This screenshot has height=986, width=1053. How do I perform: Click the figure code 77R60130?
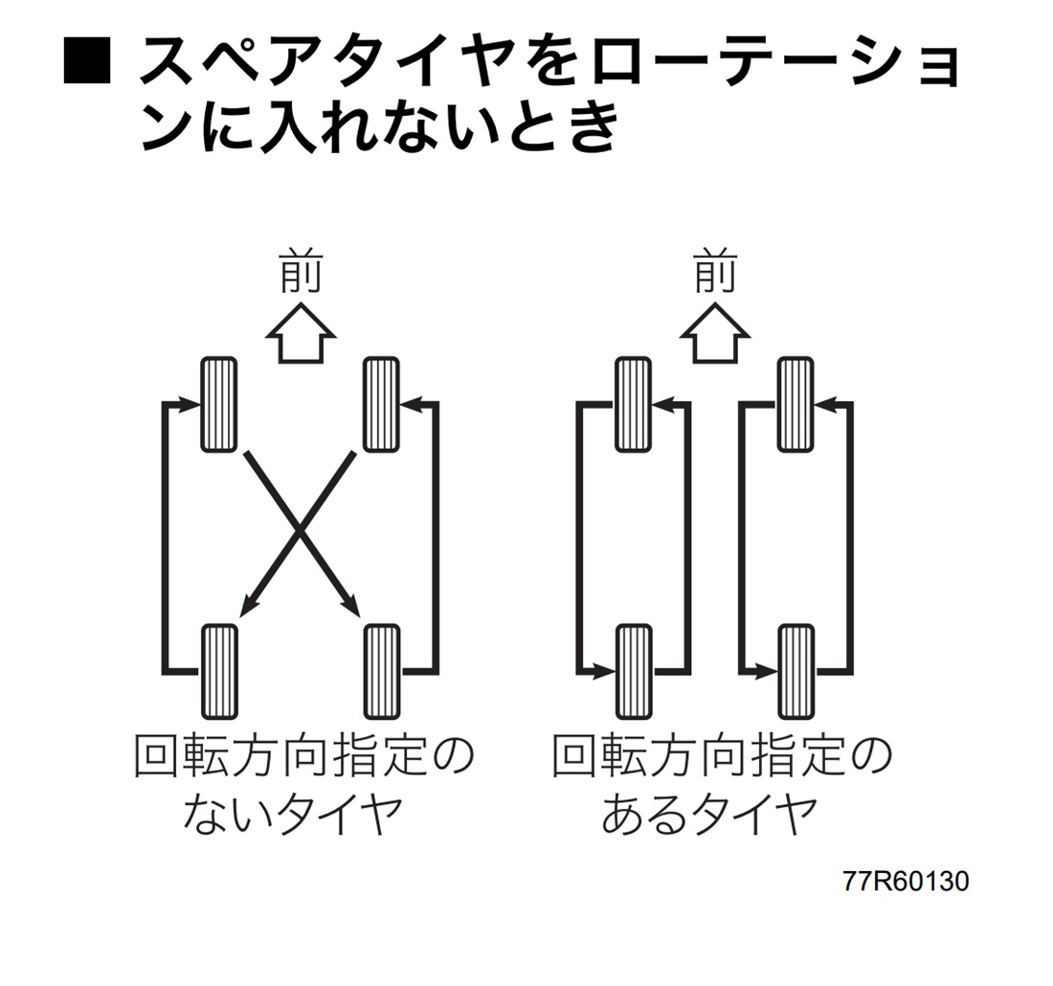905,881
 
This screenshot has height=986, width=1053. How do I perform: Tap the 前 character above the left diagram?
300,273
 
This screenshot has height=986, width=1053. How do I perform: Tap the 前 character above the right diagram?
714,273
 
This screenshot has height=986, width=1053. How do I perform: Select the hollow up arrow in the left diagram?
300,334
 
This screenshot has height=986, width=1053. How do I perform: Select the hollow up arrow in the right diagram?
714,334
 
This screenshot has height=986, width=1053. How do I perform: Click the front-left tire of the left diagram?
219,404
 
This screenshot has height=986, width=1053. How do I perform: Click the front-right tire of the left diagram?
382,404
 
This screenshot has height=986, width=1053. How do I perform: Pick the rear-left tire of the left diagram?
219,670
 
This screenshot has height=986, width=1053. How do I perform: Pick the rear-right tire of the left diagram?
382,670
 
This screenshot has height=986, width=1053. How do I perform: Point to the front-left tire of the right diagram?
634,404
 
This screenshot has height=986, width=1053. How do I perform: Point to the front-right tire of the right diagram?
795,404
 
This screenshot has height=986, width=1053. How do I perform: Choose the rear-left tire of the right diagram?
634,670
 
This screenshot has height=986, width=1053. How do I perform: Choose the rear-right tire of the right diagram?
795,670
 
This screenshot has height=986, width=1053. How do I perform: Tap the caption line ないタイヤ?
291,816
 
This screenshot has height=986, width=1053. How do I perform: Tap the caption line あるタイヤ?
709,816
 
